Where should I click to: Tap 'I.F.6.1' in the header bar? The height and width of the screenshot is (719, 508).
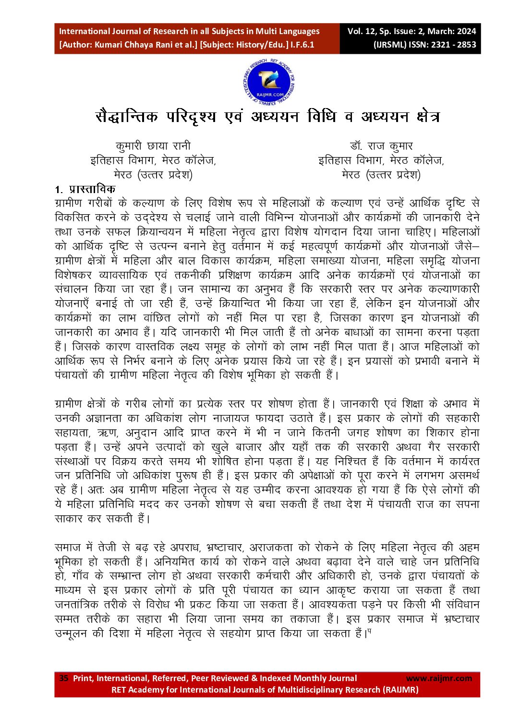tap(302, 45)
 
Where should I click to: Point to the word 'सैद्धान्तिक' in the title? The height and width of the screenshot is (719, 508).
tap(127, 117)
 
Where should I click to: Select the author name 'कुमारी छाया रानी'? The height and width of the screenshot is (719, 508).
tap(153, 146)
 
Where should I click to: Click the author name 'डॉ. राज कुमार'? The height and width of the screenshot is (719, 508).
tap(381, 146)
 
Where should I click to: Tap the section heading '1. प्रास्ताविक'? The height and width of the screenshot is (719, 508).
tap(85, 189)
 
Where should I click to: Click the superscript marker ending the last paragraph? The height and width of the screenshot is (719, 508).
tap(370, 631)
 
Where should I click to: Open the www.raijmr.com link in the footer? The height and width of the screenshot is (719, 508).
tap(439, 678)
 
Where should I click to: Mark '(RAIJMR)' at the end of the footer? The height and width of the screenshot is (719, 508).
tap(400, 690)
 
